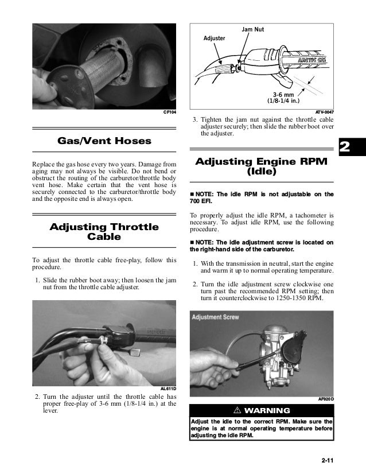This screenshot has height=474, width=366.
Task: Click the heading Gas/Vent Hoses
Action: (104, 141)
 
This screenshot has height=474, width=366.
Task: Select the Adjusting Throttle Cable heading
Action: (104, 231)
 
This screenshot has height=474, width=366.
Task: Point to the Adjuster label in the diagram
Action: (215, 38)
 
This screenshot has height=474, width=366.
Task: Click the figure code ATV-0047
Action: (325, 111)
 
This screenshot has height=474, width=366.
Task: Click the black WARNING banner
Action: (262, 411)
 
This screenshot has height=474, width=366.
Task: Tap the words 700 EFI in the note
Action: (201, 201)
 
